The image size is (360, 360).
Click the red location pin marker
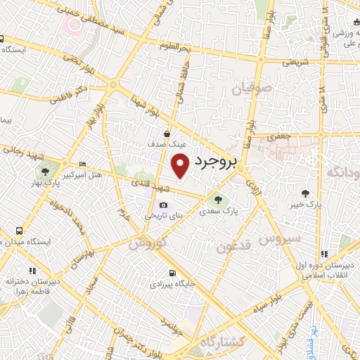[x=181, y=165]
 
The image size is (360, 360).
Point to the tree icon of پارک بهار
[x=46, y=171]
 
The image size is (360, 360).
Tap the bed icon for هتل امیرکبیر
[x=83, y=162]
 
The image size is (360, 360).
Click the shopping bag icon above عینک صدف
[x=167, y=133]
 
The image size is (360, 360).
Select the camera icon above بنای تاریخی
[x=163, y=205]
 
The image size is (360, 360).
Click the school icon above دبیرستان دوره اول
[x=323, y=254]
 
